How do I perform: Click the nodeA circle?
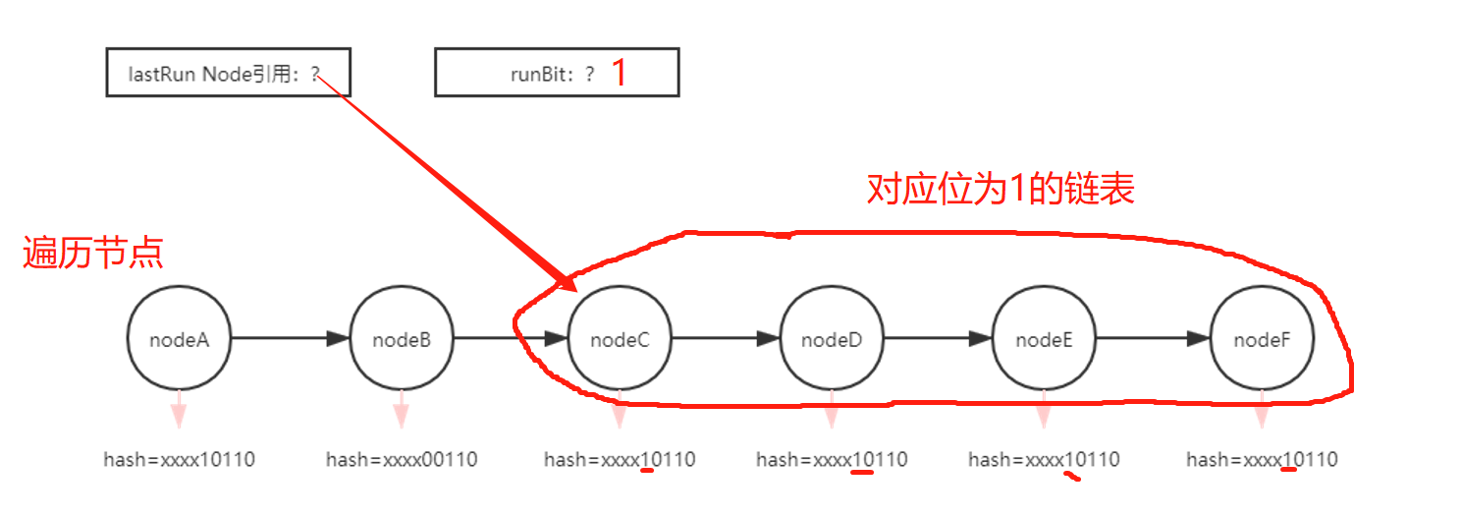pyautogui.click(x=179, y=339)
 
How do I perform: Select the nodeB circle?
pyautogui.click(x=402, y=339)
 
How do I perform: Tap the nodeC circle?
pyautogui.click(x=620, y=339)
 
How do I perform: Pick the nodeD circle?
pyautogui.click(x=832, y=339)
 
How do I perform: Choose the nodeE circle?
pyautogui.click(x=1044, y=339)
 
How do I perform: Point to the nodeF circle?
pyautogui.click(x=1262, y=339)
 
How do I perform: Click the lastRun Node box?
pyautogui.click(x=228, y=74)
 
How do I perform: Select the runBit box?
pyautogui.click(x=556, y=74)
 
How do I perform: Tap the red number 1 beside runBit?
pyautogui.click(x=619, y=74)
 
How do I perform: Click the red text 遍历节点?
pyautogui.click(x=92, y=254)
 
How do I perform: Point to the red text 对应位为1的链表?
pyautogui.click(x=1000, y=188)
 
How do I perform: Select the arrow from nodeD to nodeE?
pyautogui.click(x=938, y=339)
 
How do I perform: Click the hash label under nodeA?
pyautogui.click(x=180, y=459)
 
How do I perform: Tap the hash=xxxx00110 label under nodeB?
pyautogui.click(x=402, y=459)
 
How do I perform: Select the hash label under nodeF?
pyautogui.click(x=1262, y=459)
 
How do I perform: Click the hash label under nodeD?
pyautogui.click(x=832, y=459)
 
